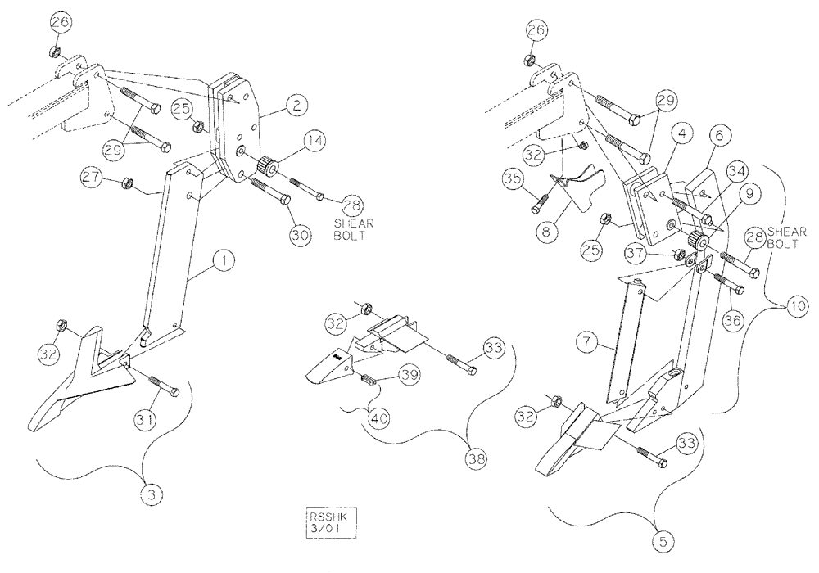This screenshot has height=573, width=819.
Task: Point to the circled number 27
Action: (x=92, y=178)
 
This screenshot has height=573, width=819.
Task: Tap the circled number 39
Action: (x=407, y=374)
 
